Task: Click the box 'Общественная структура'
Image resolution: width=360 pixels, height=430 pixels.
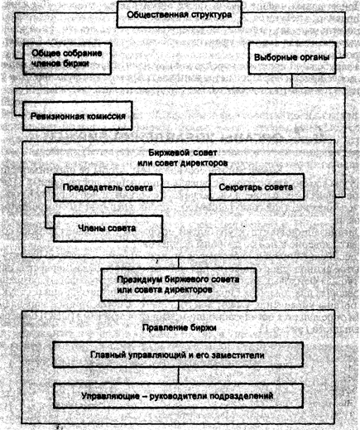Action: (180, 14)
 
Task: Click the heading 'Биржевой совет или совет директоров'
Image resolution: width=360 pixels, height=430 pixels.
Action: (180, 159)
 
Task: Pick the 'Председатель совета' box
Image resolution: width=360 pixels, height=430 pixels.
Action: (107, 188)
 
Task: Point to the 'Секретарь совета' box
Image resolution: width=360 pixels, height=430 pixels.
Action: (256, 188)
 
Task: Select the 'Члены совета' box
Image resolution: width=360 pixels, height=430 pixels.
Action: (107, 226)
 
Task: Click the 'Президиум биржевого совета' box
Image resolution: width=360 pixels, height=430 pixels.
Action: (180, 287)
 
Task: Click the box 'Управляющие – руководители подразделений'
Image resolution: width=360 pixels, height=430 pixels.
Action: (179, 396)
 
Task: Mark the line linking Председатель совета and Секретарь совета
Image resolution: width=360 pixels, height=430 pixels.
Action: (185, 188)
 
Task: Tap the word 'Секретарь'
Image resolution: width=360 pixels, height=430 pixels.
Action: (239, 188)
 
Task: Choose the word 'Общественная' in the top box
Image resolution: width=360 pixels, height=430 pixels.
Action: (157, 14)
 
